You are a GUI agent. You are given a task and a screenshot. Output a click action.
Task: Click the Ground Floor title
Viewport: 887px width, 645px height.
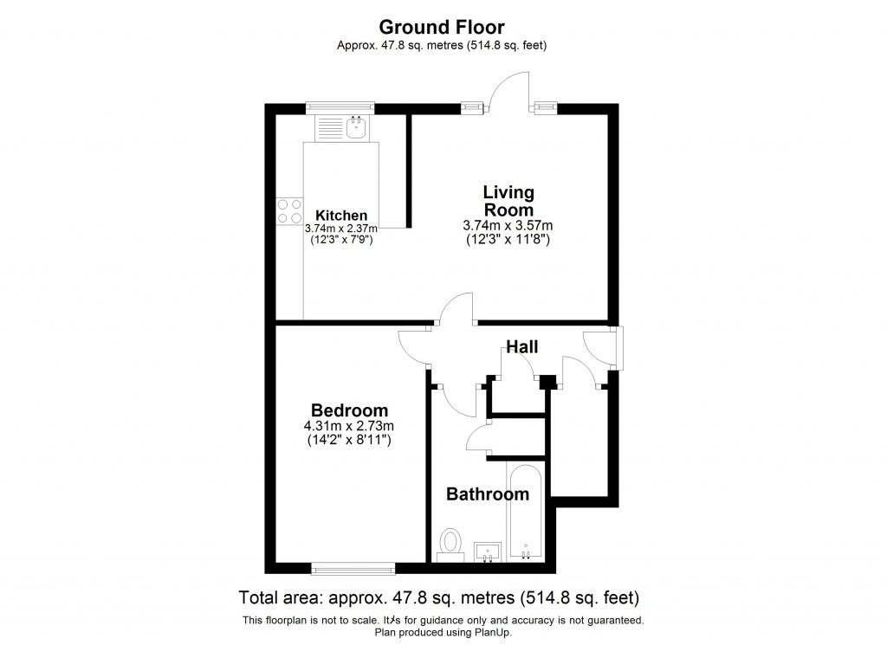443,28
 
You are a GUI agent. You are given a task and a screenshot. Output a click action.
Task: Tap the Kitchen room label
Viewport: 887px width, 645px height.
341,216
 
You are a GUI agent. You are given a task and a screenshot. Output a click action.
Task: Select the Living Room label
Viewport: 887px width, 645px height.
508,201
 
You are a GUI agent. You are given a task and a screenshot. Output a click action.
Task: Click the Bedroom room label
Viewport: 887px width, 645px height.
349,410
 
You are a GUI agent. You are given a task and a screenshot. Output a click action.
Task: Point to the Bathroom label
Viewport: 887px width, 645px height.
487,494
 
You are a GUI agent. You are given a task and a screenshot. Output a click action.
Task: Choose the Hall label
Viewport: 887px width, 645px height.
522,347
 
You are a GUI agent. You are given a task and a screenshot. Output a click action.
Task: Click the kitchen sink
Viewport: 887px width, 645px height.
356,129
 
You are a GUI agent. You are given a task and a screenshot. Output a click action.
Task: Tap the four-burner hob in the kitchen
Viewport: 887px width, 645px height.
288,212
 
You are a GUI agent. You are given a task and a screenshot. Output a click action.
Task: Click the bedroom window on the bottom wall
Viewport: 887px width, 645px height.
353,568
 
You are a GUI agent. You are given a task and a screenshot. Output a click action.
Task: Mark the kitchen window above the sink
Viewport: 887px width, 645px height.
340,107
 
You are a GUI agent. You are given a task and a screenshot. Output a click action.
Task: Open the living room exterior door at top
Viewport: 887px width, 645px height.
508,91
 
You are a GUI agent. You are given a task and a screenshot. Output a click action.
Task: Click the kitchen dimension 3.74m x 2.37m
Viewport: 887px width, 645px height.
341,229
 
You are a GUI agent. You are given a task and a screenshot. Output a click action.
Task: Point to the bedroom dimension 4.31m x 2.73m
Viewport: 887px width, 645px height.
349,426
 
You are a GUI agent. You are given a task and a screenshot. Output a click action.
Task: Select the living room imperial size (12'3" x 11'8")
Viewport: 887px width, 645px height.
508,237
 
